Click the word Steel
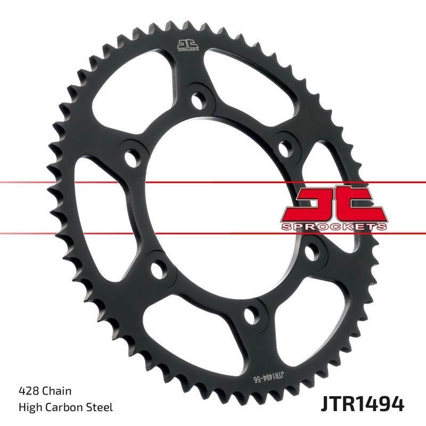pos(100,407)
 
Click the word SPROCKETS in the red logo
pos(334,227)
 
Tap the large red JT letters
pos(334,203)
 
